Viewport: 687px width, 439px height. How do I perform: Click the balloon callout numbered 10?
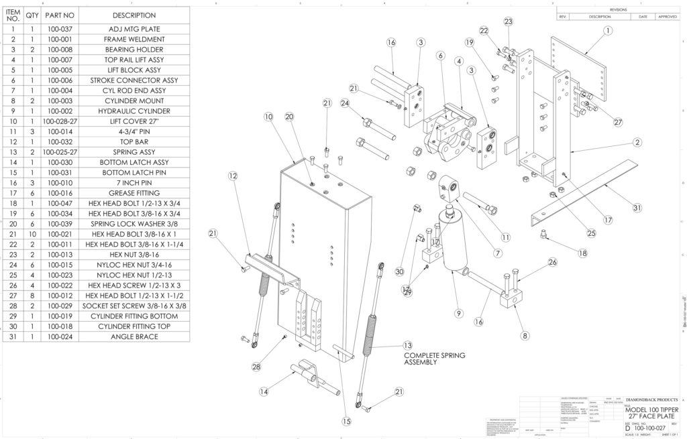pos(268,117)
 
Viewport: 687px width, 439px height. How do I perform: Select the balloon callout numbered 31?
pos(637,208)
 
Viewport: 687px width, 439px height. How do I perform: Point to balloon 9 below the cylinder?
pos(459,313)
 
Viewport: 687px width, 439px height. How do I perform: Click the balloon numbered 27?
pos(617,122)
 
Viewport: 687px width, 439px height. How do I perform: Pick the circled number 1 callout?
pos(607,30)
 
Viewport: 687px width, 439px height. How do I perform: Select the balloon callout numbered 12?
pos(233,176)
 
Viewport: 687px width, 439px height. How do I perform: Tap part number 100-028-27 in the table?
pos(61,121)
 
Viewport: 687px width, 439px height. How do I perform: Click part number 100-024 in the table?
pos(61,336)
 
